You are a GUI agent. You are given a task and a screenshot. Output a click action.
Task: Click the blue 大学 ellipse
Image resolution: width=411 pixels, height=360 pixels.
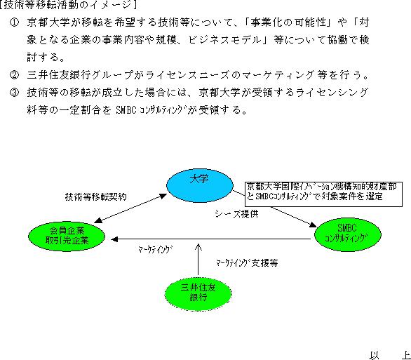coord(200,185)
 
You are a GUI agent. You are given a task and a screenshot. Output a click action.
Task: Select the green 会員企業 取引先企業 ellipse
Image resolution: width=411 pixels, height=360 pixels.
coord(67,236)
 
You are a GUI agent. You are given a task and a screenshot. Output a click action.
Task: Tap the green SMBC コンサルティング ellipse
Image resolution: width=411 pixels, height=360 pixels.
coord(348,234)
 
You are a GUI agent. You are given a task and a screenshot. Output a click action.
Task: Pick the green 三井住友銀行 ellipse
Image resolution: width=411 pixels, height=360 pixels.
coord(198,293)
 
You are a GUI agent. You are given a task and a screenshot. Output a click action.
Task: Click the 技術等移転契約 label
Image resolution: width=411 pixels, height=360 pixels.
coord(95,196)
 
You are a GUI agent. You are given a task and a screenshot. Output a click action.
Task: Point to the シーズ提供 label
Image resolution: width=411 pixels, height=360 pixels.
coord(236,214)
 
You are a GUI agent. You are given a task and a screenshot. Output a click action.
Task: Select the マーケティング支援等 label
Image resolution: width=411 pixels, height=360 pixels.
coord(247,262)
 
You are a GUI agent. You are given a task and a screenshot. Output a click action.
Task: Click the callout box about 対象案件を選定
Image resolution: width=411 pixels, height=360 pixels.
coord(323,194)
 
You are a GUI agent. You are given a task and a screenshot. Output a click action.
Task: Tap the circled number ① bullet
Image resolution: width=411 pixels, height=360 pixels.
coord(14,22)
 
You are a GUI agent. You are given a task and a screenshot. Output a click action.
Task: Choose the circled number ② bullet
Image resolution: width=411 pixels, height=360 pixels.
coord(14,75)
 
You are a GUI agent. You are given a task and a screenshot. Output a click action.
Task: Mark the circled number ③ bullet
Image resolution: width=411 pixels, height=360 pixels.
coord(14,93)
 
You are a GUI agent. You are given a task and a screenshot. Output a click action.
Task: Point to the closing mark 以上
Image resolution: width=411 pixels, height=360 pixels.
coord(390,355)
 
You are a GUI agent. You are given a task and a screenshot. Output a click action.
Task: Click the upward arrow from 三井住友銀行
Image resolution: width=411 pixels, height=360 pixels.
coord(198,260)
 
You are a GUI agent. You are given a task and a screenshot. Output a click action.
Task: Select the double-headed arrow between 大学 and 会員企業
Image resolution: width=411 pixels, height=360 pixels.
coord(130,208)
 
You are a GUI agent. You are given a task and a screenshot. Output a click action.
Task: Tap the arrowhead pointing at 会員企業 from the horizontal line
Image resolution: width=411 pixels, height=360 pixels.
coord(114,239)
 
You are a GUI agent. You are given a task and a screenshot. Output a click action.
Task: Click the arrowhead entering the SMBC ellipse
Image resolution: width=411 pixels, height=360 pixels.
coord(313,225)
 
